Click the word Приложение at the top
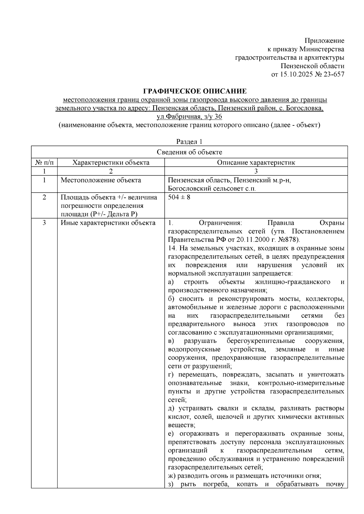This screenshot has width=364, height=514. pyautogui.click(x=324, y=41)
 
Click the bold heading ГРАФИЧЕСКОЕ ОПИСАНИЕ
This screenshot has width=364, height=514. pyautogui.click(x=195, y=91)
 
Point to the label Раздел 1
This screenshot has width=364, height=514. pyautogui.click(x=189, y=142)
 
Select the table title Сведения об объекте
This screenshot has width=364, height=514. pyautogui.click(x=189, y=152)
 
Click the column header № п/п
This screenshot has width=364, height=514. pyautogui.click(x=44, y=163)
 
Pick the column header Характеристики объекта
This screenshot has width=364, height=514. pyautogui.click(x=111, y=163)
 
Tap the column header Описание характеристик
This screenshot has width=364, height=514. pyautogui.click(x=256, y=163)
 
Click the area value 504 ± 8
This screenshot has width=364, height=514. pyautogui.click(x=179, y=197)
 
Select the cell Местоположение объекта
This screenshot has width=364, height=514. pyautogui.click(x=101, y=181)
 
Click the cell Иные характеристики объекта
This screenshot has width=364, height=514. pyautogui.click(x=108, y=223)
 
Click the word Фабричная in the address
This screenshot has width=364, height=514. pyautogui.click(x=182, y=117)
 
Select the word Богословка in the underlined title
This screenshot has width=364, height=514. pyautogui.click(x=306, y=108)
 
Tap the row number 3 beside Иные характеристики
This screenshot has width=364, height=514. pyautogui.click(x=44, y=223)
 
